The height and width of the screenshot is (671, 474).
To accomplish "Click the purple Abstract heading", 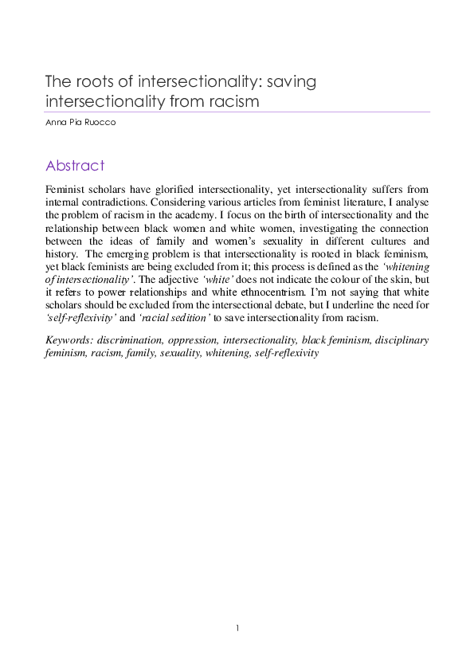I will coord(75,166).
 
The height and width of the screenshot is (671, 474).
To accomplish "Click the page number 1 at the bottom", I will coord(237,630).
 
